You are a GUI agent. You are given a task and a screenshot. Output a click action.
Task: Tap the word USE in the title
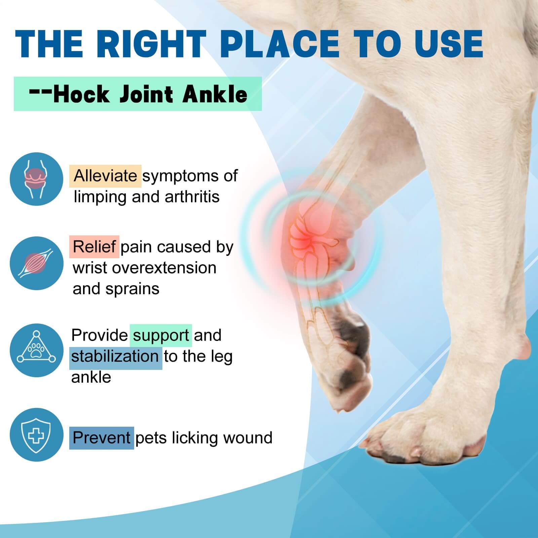pyautogui.click(x=449, y=44)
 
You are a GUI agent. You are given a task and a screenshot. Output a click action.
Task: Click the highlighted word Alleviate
pyautogui.click(x=105, y=176)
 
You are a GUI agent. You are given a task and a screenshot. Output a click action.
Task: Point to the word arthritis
pyautogui.click(x=192, y=197)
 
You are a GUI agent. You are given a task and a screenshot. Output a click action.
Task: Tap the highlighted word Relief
pyautogui.click(x=94, y=247)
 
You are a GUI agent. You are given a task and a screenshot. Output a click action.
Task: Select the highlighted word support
pyautogui.click(x=161, y=336)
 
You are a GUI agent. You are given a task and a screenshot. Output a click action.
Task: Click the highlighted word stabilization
pyautogui.click(x=115, y=356)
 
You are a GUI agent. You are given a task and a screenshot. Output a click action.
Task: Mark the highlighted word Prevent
pyautogui.click(x=102, y=438)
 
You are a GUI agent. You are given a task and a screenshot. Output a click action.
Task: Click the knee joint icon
pyautogui.click(x=36, y=179)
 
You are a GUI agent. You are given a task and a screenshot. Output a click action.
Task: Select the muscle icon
pyautogui.click(x=36, y=263)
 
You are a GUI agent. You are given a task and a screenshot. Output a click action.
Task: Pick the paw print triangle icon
pyautogui.click(x=36, y=350)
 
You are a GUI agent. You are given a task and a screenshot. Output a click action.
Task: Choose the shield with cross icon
pyautogui.click(x=36, y=434)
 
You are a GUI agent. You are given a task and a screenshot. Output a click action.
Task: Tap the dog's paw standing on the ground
pyautogui.click(x=427, y=437)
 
